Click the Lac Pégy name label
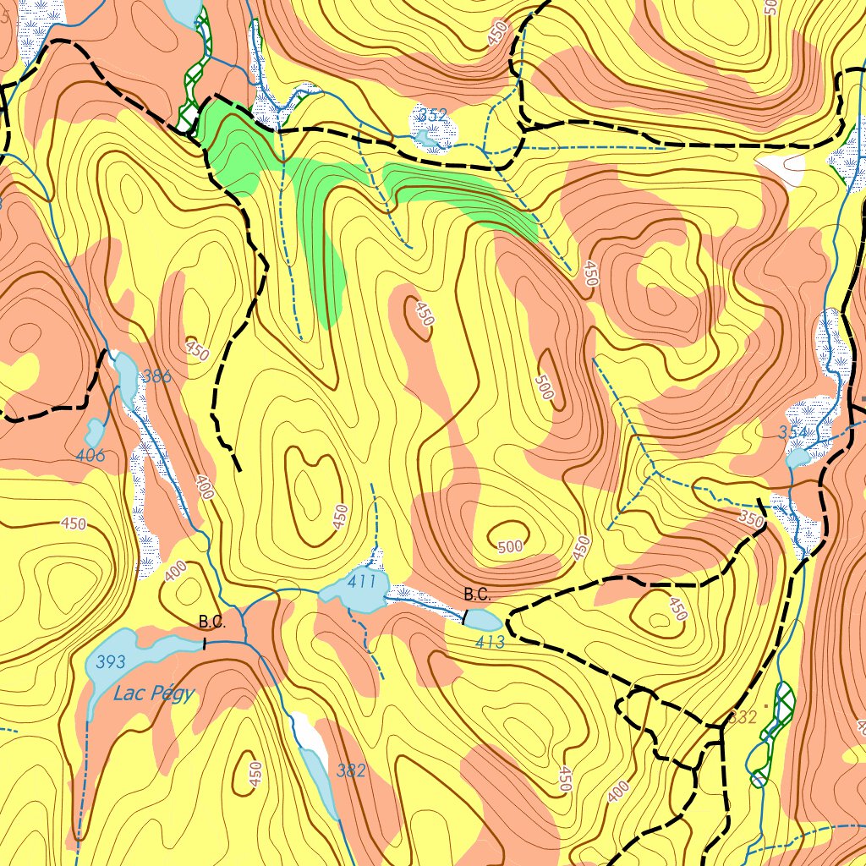coord(153,694)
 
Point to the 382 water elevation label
coord(351,770)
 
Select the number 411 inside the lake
coord(361,582)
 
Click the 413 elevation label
coord(490,643)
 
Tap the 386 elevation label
coord(156,376)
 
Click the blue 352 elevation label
coord(432,114)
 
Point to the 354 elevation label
coord(793,433)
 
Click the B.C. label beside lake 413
coord(477,594)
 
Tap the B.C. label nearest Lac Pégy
coord(212,622)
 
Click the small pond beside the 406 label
coord(95,432)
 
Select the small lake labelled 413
coord(478,618)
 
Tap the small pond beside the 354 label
coord(797,458)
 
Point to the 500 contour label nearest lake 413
coord(510,547)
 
